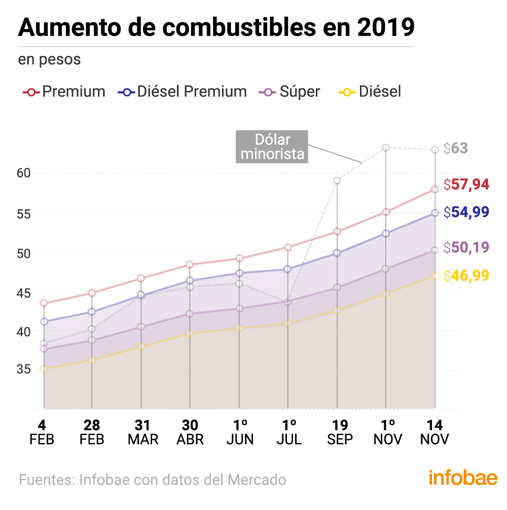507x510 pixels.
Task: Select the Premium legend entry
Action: point(64,92)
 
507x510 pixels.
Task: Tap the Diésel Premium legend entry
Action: point(183,92)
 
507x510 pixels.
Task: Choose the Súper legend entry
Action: point(289,92)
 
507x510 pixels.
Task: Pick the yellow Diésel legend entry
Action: point(370,92)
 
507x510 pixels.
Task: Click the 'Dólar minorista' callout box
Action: point(272,147)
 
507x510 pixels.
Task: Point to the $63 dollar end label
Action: point(455,149)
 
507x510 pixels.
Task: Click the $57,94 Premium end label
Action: point(466,185)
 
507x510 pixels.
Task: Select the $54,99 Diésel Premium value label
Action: point(466,212)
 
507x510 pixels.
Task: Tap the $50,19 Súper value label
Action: point(466,248)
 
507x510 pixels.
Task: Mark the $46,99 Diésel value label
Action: point(466,276)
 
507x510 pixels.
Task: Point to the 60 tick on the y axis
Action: point(24,173)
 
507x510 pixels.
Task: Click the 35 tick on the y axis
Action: point(24,369)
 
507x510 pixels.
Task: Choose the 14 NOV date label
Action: point(434,432)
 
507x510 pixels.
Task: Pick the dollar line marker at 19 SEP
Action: point(337,180)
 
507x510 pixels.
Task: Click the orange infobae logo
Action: point(463,479)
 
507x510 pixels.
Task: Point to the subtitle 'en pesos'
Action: point(50,59)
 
